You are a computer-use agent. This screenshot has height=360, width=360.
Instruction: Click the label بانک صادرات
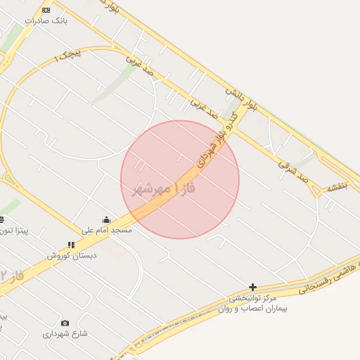[46, 21]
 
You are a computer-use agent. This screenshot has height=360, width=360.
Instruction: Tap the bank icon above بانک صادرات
[46, 10]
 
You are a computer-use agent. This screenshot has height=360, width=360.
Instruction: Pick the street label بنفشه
[337, 188]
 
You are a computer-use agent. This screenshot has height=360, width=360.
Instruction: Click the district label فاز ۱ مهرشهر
[163, 190]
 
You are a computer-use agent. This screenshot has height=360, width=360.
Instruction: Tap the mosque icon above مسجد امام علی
[107, 219]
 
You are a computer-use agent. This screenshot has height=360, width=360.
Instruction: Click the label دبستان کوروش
[72, 255]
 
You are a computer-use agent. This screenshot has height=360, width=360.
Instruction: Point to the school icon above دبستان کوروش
[70, 245]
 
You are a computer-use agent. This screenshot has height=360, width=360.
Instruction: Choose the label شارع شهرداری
[65, 334]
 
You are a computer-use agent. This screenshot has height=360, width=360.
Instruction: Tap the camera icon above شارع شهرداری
[65, 323]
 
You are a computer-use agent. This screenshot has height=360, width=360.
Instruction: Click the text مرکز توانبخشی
[254, 297]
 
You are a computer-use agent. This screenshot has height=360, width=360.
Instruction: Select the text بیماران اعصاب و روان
[254, 308]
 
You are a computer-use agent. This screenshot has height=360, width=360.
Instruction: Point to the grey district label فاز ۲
[12, 276]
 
